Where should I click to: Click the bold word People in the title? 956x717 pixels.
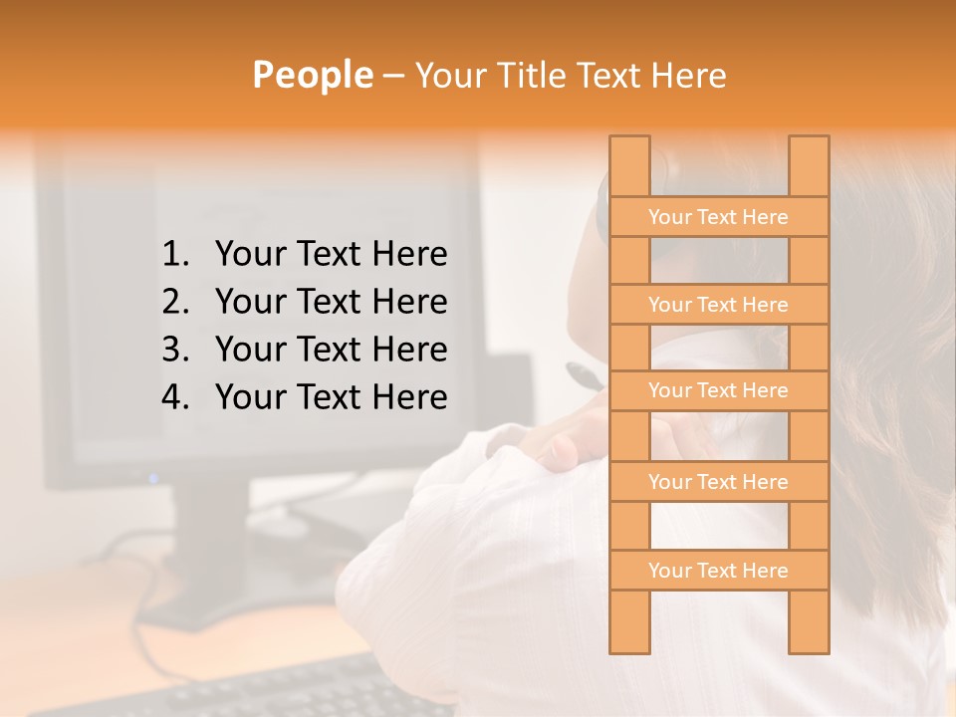(x=311, y=75)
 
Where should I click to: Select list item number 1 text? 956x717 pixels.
(x=331, y=255)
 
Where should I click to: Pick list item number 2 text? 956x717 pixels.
(x=331, y=302)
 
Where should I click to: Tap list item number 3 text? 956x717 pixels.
(x=331, y=350)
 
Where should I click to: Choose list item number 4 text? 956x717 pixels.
(x=331, y=397)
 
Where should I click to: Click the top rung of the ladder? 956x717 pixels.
(x=718, y=217)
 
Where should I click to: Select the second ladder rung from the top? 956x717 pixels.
(x=718, y=305)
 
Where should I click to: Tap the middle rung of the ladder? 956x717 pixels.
(x=718, y=391)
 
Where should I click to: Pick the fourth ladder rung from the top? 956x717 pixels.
(x=718, y=482)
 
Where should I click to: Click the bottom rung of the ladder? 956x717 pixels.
(x=718, y=571)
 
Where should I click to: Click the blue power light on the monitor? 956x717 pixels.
(x=153, y=478)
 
